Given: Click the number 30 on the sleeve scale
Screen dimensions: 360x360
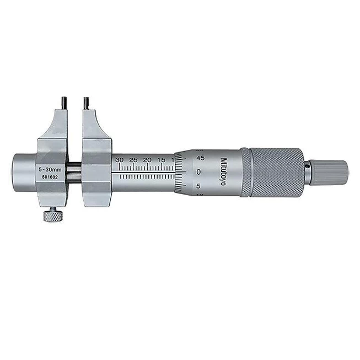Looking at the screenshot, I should click(x=120, y=160).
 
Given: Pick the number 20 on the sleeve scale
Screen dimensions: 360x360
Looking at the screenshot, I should click(x=147, y=160).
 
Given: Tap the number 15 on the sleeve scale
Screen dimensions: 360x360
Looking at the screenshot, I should click(x=160, y=160).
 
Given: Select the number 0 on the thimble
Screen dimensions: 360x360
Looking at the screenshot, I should click(x=198, y=171).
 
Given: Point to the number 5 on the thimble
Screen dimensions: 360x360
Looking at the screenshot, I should click(x=199, y=186).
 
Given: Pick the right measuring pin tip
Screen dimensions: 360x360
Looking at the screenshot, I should click(x=87, y=101).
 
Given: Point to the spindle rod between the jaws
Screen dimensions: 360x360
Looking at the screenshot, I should click(x=76, y=171).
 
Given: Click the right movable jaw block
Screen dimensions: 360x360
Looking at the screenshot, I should click(x=96, y=160).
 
